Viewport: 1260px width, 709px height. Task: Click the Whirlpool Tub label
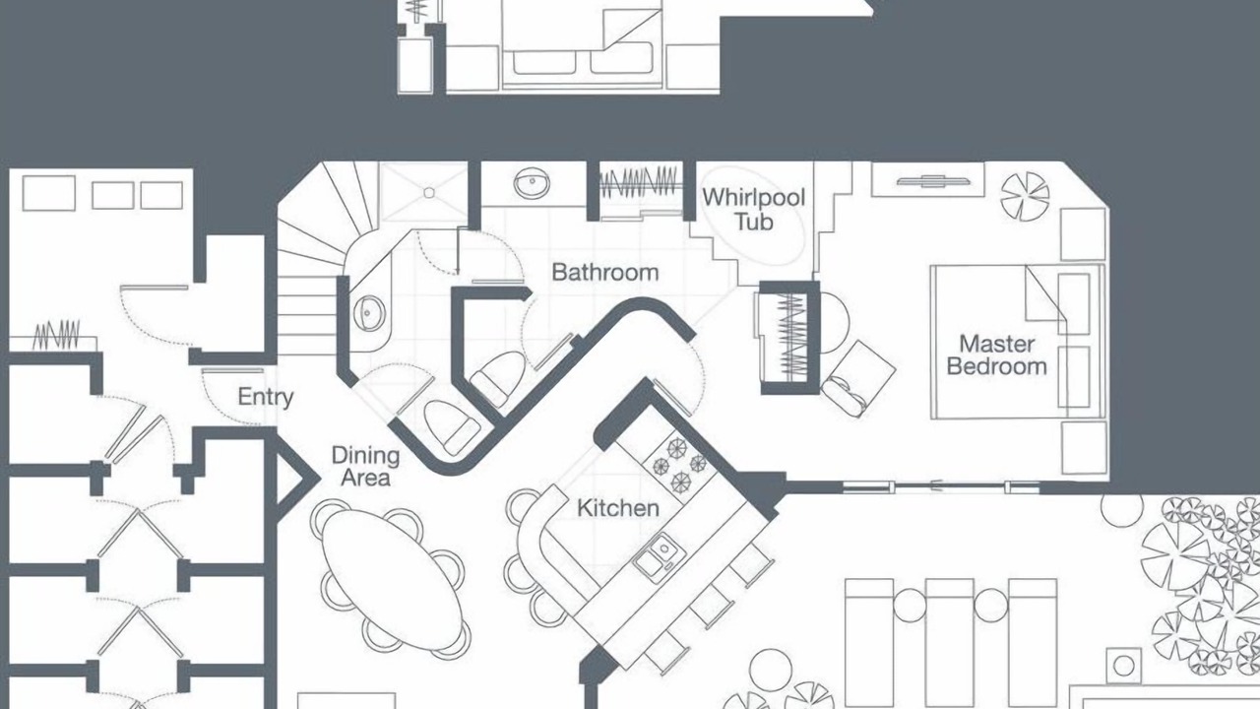pyautogui.click(x=753, y=210)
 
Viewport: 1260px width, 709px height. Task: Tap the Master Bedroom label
pyautogui.click(x=996, y=355)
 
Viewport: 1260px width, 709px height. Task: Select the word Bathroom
pyautogui.click(x=604, y=273)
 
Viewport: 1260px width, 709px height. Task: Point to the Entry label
pyautogui.click(x=266, y=397)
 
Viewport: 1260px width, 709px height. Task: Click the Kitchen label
pyautogui.click(x=618, y=508)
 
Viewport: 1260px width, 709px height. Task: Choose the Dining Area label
pyautogui.click(x=365, y=467)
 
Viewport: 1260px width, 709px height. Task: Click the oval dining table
pyautogui.click(x=393, y=580)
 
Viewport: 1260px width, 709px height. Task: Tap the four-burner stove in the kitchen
pyautogui.click(x=680, y=464)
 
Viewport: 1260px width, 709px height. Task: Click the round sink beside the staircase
pyautogui.click(x=369, y=313)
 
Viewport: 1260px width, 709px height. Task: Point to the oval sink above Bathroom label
pyautogui.click(x=532, y=182)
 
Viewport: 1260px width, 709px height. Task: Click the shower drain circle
pyautogui.click(x=428, y=193)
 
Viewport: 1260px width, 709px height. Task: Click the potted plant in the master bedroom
pyautogui.click(x=1025, y=196)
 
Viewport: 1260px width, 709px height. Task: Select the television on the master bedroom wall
pyautogui.click(x=933, y=181)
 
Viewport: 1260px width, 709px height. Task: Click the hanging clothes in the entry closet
pyautogui.click(x=56, y=335)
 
